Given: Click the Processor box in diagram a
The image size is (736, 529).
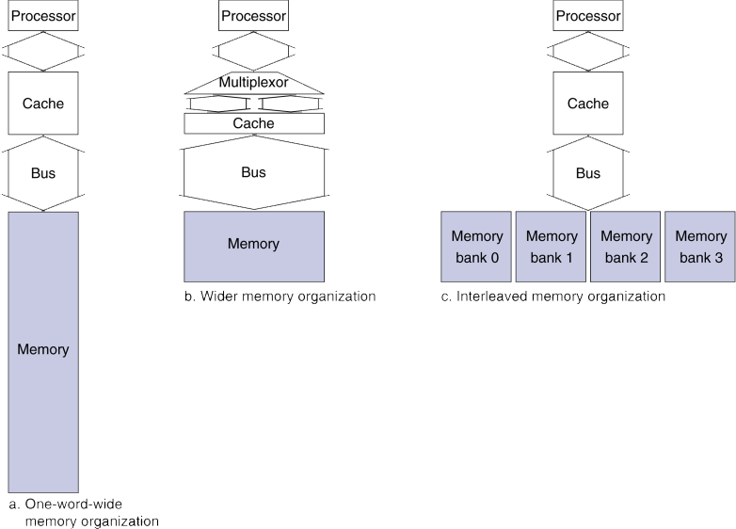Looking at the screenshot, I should pyautogui.click(x=42, y=16).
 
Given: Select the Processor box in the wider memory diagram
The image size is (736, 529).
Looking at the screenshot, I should pyautogui.click(x=253, y=16).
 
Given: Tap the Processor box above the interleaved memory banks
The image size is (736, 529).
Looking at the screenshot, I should pyautogui.click(x=587, y=16).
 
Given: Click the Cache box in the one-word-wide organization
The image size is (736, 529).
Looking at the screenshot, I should pyautogui.click(x=42, y=104).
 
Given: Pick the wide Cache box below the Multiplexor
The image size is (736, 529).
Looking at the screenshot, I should pyautogui.click(x=253, y=123).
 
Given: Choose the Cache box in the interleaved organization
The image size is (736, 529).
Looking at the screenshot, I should pyautogui.click(x=587, y=104).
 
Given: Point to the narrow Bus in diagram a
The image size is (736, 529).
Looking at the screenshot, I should pyautogui.click(x=42, y=173).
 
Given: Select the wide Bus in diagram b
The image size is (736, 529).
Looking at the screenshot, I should pyautogui.click(x=253, y=173).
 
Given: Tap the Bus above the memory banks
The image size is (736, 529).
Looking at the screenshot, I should pyautogui.click(x=587, y=173).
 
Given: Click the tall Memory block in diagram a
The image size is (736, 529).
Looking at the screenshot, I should pyautogui.click(x=42, y=350).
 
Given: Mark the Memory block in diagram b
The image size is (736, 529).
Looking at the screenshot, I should pyautogui.click(x=253, y=245).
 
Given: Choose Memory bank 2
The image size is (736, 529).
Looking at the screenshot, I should pyautogui.click(x=625, y=247).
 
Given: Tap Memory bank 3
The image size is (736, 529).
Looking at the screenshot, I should pyautogui.click(x=700, y=247).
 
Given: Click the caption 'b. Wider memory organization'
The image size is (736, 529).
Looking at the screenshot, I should pyautogui.click(x=280, y=297).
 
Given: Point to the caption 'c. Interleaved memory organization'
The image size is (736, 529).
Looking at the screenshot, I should pyautogui.click(x=552, y=297).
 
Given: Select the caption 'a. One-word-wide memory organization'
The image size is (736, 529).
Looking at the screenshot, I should pyautogui.click(x=83, y=512).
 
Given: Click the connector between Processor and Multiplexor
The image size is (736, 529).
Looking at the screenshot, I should pyautogui.click(x=253, y=50).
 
